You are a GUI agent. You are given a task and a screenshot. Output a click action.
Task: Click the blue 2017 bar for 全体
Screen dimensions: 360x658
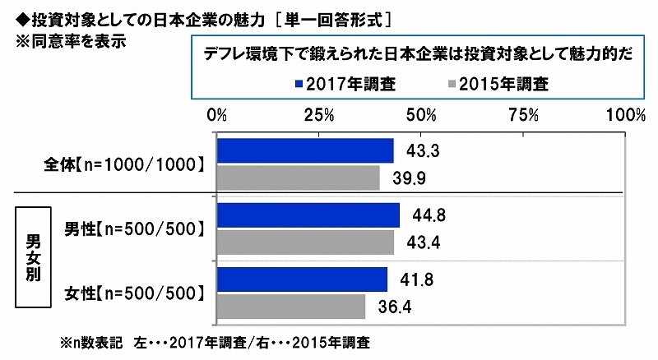tap(305, 151)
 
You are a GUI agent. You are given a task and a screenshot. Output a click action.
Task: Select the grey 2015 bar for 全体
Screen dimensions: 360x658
tap(298, 178)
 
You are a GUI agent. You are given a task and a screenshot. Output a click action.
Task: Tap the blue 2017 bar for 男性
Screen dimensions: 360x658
tap(308, 215)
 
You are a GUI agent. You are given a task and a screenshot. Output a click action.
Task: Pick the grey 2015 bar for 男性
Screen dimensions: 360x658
tap(305, 242)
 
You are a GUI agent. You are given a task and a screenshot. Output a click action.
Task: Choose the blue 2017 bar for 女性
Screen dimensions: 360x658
tap(302, 279)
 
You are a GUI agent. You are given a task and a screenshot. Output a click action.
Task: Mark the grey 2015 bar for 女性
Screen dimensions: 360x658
tap(291, 306)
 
